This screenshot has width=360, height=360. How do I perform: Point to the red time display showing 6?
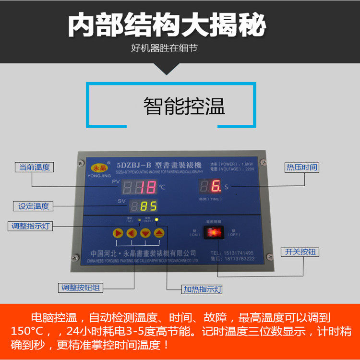click(211, 186)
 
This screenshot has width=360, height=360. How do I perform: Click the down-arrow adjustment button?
click(145, 233)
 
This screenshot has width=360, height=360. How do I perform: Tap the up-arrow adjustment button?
click(159, 233)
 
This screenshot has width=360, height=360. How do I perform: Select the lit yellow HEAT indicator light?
click(156, 220)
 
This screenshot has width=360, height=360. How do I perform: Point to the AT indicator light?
click(140, 220)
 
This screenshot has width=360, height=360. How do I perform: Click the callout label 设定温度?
click(34, 206)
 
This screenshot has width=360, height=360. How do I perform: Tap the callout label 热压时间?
click(302, 168)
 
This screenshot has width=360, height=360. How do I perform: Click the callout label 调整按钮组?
click(81, 288)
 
